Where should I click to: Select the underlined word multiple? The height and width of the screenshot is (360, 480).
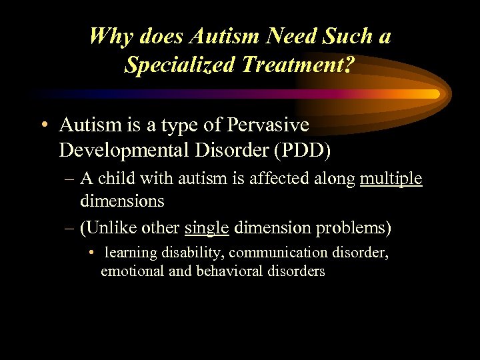[391, 179]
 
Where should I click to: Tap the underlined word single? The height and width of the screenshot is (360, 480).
[207, 228]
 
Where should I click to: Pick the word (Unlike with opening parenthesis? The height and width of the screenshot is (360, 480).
[105, 228]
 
